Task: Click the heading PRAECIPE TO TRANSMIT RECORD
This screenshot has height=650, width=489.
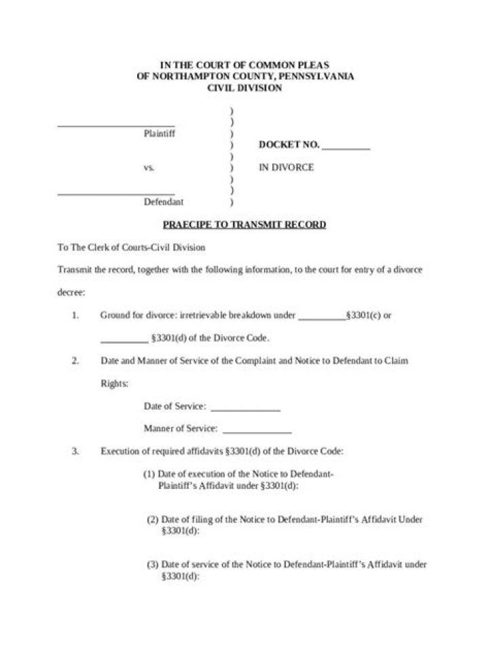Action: [244, 225]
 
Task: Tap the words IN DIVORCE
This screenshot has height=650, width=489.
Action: [286, 167]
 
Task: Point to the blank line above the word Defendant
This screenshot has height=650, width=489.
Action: [116, 194]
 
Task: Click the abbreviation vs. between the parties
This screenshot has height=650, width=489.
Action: [149, 167]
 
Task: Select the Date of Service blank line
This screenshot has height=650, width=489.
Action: [245, 410]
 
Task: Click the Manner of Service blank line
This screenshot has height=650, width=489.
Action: [257, 432]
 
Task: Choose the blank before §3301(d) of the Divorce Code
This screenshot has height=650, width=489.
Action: [124, 341]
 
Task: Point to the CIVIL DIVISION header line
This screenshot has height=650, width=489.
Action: [244, 88]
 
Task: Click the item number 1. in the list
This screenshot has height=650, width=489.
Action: [75, 315]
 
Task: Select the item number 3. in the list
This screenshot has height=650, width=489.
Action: [75, 450]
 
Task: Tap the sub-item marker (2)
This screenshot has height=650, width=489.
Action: [153, 520]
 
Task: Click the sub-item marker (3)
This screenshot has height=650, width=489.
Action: [153, 564]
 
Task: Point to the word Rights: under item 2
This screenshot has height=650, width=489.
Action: [114, 384]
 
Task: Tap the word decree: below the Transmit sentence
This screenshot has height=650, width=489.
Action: [71, 293]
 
